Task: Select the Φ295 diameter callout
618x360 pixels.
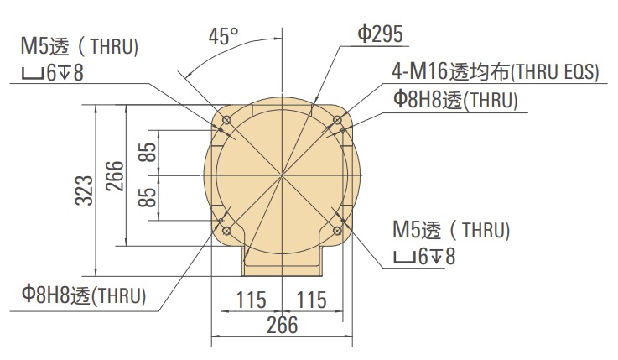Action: pos(381,34)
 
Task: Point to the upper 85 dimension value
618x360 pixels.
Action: pos(147,153)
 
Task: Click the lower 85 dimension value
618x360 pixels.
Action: pos(147,198)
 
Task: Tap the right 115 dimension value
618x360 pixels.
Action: pos(312,300)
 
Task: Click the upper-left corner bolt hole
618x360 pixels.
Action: pos(226,119)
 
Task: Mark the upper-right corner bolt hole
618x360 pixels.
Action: pos(339,119)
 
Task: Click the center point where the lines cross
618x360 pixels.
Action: pos(283,175)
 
